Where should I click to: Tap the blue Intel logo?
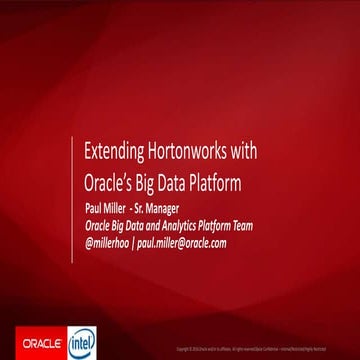[80, 339]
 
